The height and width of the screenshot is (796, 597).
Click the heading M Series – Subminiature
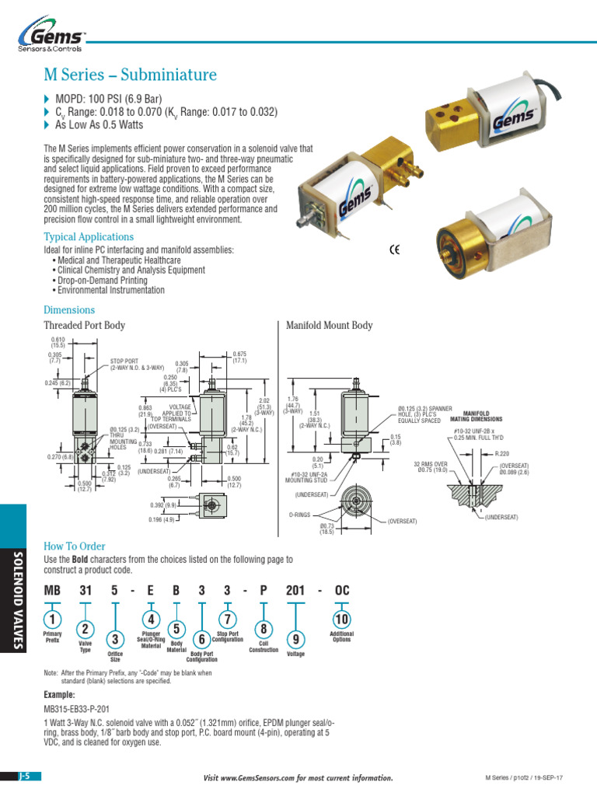(131, 75)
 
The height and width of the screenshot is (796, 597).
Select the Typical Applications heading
(89, 236)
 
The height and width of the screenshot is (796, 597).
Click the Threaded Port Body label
(84, 326)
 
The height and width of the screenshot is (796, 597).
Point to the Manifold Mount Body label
(330, 326)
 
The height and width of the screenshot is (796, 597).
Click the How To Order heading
(75, 546)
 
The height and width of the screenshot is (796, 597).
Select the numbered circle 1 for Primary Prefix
(52, 619)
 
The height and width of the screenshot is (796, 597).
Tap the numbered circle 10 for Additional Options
(341, 619)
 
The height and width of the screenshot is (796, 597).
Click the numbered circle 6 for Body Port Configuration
(201, 639)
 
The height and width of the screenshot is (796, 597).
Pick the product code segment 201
(295, 591)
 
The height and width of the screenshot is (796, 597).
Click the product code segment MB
(52, 591)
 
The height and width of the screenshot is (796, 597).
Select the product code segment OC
(342, 591)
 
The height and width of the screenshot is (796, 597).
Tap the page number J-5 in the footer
(28, 777)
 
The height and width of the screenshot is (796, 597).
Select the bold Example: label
(60, 694)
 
